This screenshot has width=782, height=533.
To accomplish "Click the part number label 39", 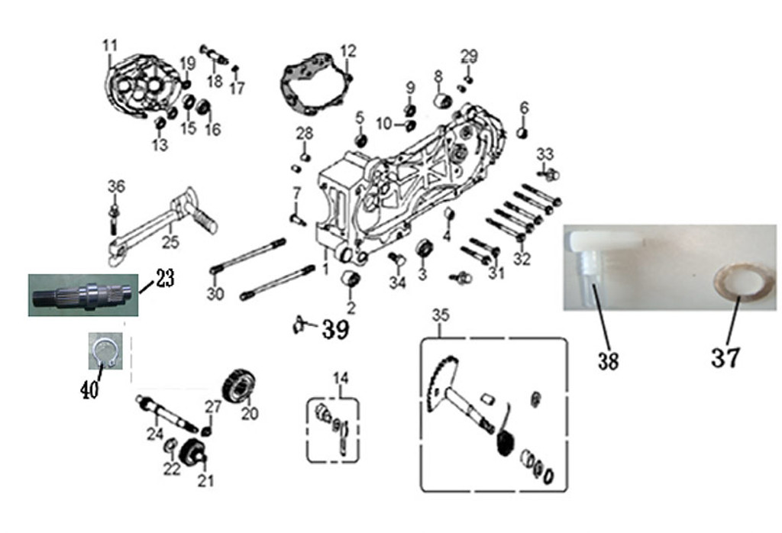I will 334,330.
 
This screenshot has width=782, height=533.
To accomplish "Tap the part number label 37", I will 725,357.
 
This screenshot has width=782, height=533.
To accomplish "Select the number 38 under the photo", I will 608,360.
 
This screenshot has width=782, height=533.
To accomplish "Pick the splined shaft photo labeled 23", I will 83,294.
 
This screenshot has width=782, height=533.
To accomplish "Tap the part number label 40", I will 89,391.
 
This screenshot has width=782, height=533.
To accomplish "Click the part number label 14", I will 340,377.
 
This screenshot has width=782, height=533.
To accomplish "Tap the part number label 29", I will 469,56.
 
